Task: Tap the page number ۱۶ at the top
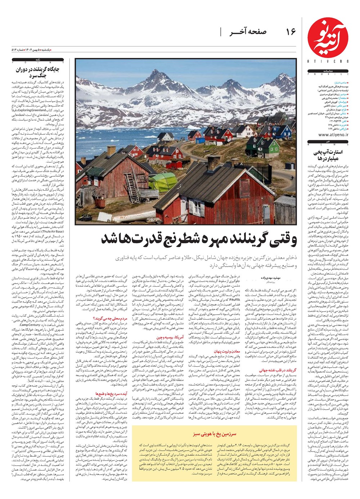[x=291, y=32]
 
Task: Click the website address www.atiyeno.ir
[x=328, y=134]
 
